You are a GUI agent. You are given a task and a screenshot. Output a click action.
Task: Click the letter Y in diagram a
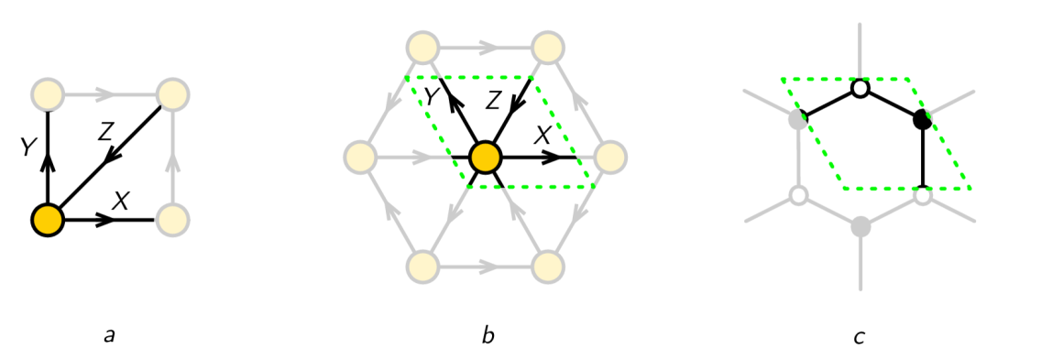pos(28,146)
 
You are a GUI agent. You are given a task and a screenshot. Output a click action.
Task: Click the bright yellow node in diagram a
pos(47,220)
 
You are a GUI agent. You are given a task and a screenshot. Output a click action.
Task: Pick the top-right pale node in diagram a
pos(172,94)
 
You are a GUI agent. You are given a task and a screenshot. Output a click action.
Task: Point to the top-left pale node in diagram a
pos(47,93)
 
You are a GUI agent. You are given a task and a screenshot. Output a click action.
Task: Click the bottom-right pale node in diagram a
pos(172,220)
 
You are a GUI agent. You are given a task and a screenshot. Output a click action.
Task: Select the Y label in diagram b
pos(428,93)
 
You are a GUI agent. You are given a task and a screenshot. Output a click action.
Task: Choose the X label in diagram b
pos(542,135)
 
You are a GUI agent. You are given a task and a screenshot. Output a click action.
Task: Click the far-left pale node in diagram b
pos(359,158)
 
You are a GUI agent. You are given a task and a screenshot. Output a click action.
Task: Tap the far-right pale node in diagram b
pos(610,158)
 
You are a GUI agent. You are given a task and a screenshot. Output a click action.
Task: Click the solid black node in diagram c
pos(923,119)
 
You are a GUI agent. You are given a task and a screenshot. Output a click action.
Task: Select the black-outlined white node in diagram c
pos(860,89)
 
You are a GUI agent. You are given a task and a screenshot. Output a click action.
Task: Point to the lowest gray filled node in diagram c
pos(860,225)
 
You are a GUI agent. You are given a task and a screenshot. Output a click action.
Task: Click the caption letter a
pos(109,335)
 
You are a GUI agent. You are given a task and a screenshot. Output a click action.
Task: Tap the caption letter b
pos(488,335)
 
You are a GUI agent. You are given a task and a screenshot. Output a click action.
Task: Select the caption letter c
pos(859,336)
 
